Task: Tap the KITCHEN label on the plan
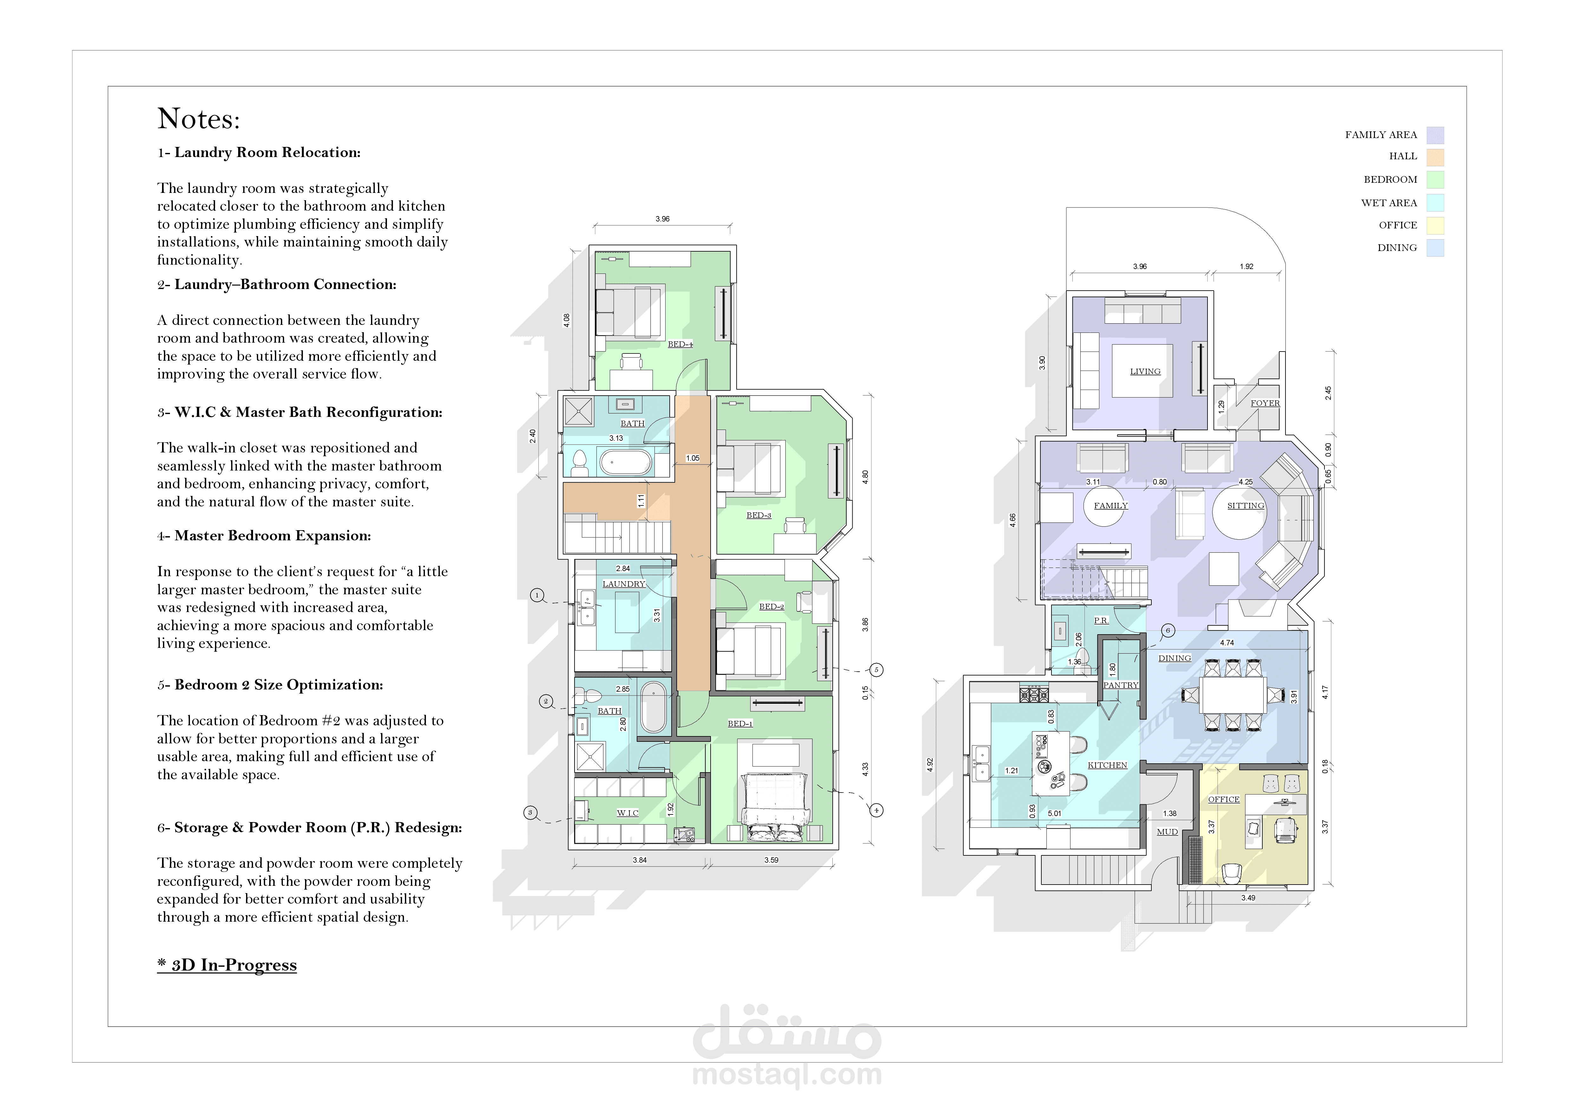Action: click(1107, 765)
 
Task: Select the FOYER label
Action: click(1265, 403)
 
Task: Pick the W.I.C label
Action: click(628, 813)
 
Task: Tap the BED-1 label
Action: click(740, 723)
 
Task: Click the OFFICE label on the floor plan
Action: click(1224, 800)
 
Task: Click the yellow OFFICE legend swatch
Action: click(1435, 225)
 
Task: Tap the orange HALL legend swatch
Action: click(1435, 157)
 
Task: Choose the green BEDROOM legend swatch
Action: click(1435, 180)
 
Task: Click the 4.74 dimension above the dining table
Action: click(1227, 643)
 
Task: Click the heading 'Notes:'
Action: click(199, 119)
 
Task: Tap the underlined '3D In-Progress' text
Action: click(227, 965)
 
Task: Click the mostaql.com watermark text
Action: click(787, 1074)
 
